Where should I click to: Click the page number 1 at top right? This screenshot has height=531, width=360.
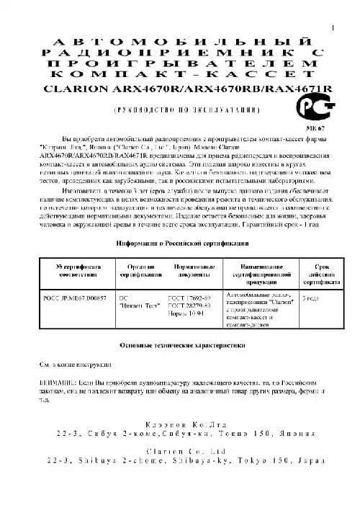click(x=333, y=27)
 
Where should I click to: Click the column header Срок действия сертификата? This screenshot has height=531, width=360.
click(x=319, y=270)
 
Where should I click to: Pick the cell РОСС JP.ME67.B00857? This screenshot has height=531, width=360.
click(x=76, y=297)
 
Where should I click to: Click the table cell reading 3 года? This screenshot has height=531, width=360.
click(x=311, y=297)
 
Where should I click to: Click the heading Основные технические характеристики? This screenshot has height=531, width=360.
click(x=179, y=346)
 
